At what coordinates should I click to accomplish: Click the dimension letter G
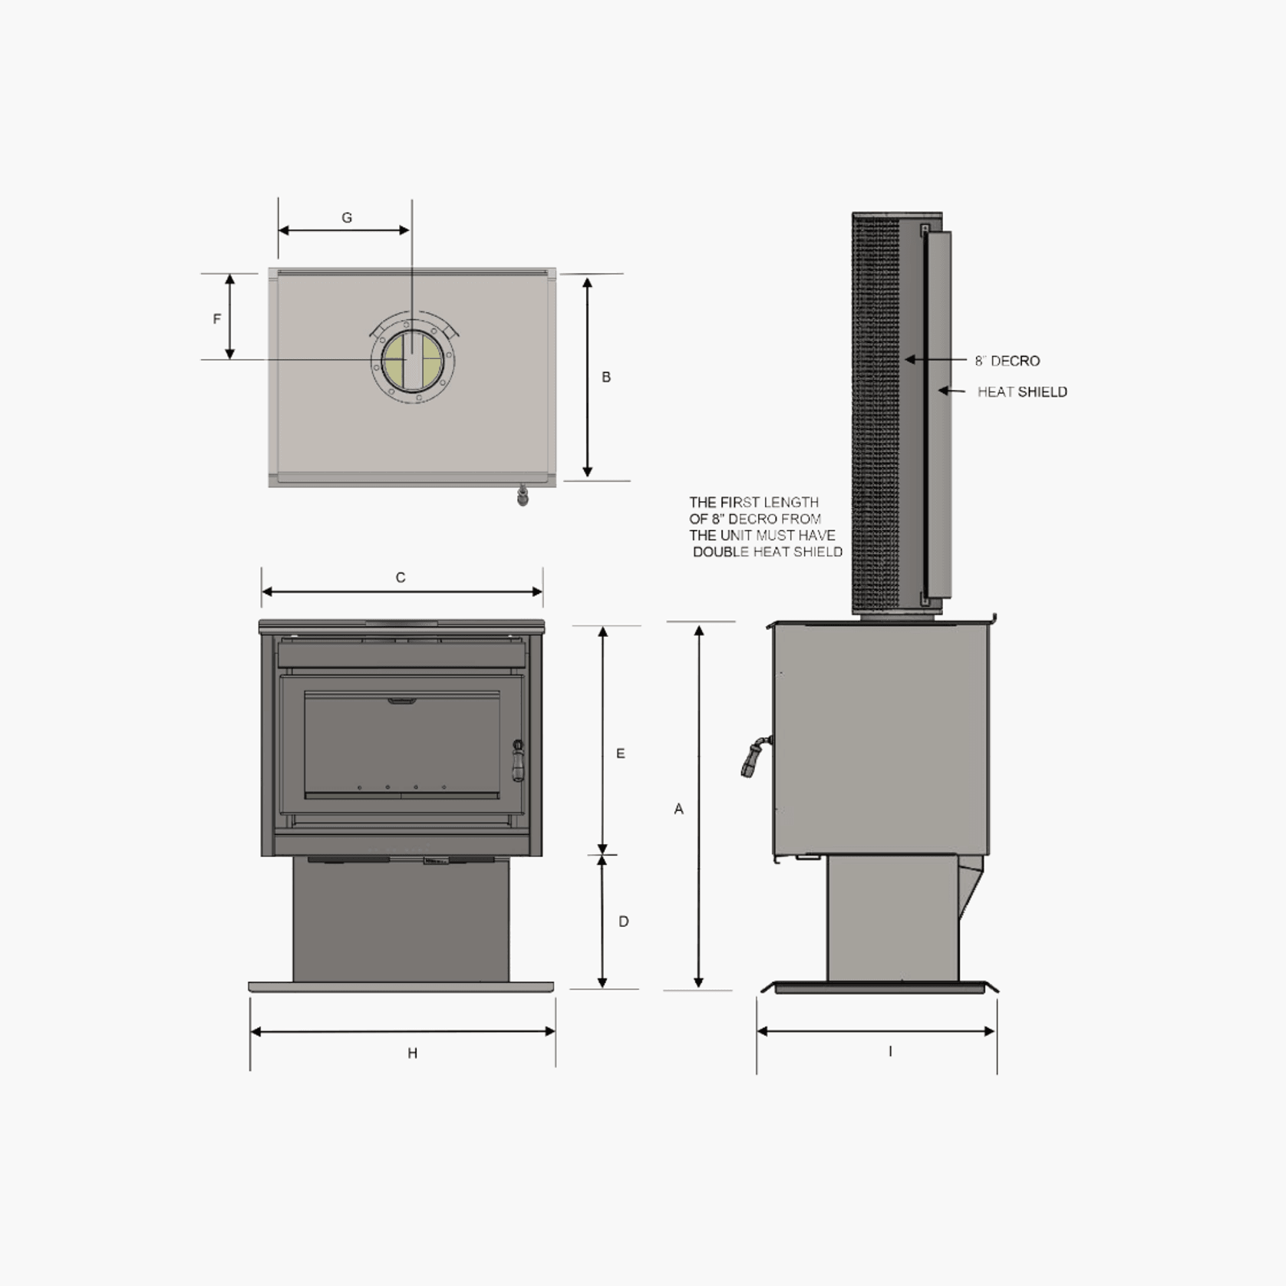point(347,218)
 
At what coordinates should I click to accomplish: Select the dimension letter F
point(217,318)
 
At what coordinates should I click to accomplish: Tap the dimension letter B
point(606,377)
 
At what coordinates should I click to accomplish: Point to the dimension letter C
point(401,577)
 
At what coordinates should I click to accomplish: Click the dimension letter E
point(621,753)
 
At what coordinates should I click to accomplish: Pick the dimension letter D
point(624,921)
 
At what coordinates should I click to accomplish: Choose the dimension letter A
point(678,809)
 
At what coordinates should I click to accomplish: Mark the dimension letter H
point(413,1053)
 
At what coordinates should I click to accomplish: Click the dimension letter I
point(890,1051)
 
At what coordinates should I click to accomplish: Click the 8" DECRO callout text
point(1007,361)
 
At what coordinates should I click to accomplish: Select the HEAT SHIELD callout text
point(1022,392)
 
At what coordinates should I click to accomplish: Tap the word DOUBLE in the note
point(720,552)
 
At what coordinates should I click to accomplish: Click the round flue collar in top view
point(414,361)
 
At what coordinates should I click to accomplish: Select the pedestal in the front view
point(401,921)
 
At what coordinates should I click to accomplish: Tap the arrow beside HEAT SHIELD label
point(952,391)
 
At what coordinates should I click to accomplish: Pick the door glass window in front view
point(401,744)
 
